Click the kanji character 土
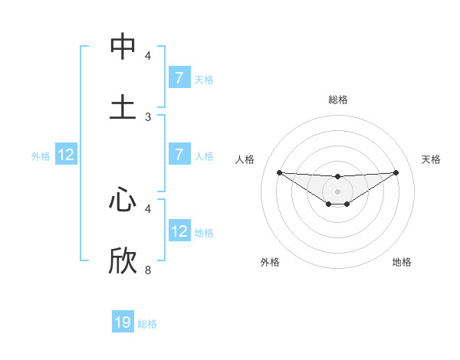click(123, 106)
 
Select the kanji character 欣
click(123, 260)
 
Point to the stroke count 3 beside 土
click(148, 116)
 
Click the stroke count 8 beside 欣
click(148, 270)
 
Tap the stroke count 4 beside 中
click(148, 55)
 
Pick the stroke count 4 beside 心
click(148, 208)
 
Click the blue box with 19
click(123, 322)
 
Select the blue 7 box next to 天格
click(179, 77)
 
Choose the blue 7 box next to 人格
click(179, 155)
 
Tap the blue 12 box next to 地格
click(179, 231)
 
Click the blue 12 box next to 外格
click(66, 155)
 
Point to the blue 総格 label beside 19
click(147, 324)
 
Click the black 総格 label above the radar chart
click(337, 100)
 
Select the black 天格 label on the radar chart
click(431, 159)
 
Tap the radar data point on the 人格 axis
click(279, 172)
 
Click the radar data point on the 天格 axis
click(396, 172)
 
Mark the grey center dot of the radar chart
click(337, 191)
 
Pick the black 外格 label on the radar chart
click(270, 262)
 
